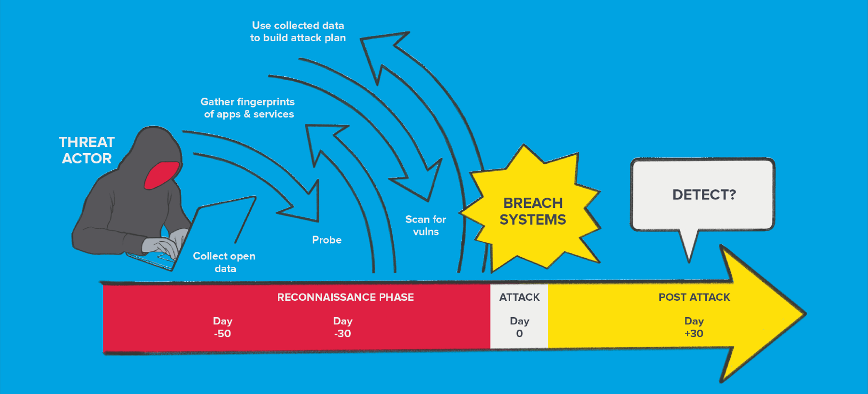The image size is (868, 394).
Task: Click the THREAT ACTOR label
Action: click(x=87, y=150)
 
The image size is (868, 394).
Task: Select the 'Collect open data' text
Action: click(x=225, y=262)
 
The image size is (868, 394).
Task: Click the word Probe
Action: click(x=327, y=240)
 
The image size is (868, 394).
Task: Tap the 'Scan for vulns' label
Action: click(x=426, y=225)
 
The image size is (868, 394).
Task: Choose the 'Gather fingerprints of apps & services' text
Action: click(x=248, y=108)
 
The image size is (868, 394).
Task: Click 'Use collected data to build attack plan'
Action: click(x=298, y=31)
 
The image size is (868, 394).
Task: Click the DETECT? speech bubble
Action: click(x=703, y=194)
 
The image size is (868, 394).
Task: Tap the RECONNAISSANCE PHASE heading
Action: click(x=345, y=297)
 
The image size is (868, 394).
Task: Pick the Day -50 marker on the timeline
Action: click(x=223, y=327)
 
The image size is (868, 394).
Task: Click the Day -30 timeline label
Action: click(x=342, y=327)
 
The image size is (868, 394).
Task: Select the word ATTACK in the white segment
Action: click(x=519, y=297)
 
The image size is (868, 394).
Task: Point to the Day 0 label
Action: click(x=519, y=327)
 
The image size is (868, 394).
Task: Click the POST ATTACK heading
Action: click(x=694, y=297)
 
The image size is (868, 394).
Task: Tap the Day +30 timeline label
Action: click(x=694, y=327)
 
